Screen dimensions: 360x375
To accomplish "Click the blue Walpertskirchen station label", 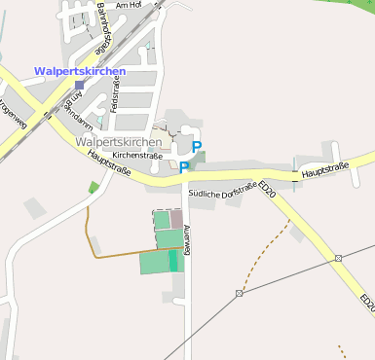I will pyautogui.click(x=80, y=72).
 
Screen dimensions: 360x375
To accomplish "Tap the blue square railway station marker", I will pyautogui.click(x=79, y=86).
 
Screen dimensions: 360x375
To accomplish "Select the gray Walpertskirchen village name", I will pyautogui.click(x=118, y=142).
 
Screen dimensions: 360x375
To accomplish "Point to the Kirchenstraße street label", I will pyautogui.click(x=137, y=155).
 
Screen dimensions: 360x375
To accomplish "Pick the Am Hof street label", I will pyautogui.click(x=129, y=6).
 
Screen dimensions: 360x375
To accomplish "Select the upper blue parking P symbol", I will pyautogui.click(x=197, y=147).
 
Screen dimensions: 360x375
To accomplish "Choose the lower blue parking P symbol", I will pyautogui.click(x=182, y=167).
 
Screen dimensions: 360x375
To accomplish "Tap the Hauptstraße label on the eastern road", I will pyautogui.click(x=324, y=169).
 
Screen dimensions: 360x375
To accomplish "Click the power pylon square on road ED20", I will pyautogui.click(x=338, y=258).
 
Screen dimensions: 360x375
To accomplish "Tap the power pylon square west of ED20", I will pyautogui.click(x=239, y=293).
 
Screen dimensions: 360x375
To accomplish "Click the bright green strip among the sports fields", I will pyautogui.click(x=173, y=261).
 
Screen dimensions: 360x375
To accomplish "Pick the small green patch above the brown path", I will pyautogui.click(x=94, y=187).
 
